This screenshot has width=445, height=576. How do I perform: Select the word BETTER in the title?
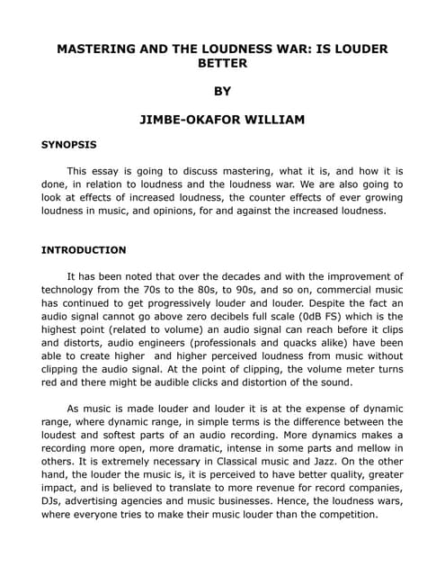click(222, 64)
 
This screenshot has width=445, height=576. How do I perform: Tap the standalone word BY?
click(222, 91)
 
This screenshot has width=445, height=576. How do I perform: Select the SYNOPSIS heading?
click(69, 144)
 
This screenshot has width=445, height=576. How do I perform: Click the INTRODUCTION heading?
click(84, 249)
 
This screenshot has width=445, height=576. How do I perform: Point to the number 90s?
click(262, 290)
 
